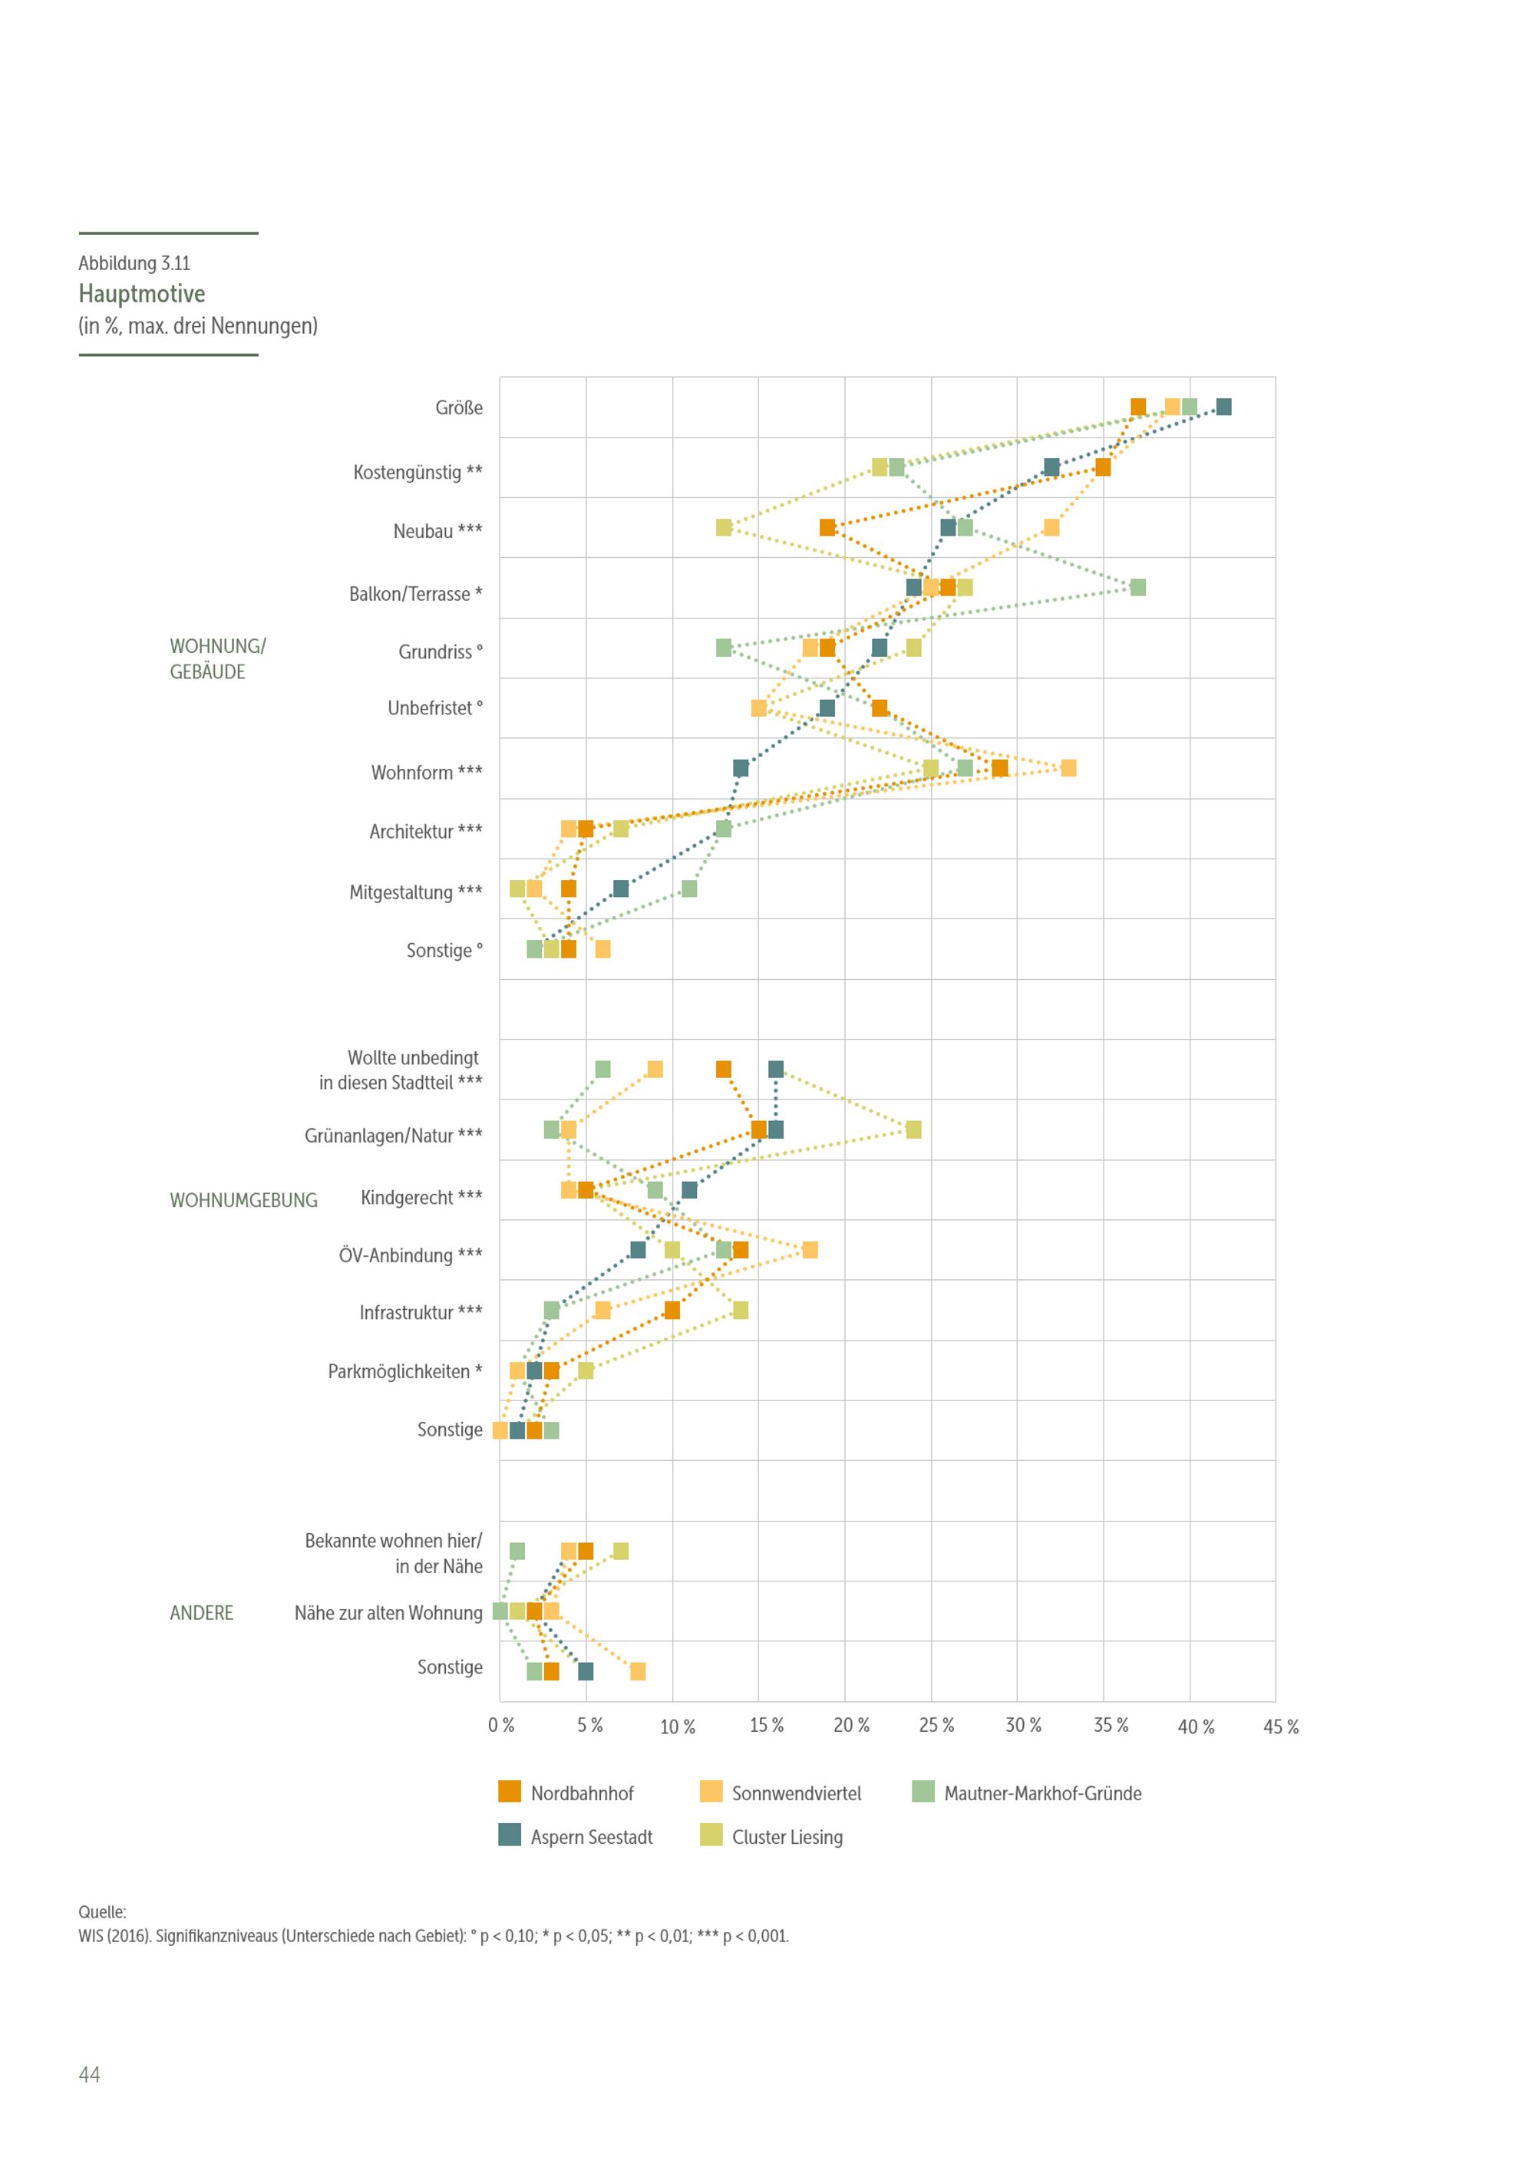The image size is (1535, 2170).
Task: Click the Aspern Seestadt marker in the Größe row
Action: click(x=1223, y=407)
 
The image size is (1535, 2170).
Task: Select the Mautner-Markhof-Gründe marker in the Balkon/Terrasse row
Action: click(x=1138, y=588)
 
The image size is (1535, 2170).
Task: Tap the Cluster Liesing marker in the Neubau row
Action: click(x=724, y=527)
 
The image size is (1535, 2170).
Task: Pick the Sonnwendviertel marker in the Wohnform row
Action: click(x=1068, y=768)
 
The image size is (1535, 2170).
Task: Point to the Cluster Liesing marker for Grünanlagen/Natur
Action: click(x=913, y=1130)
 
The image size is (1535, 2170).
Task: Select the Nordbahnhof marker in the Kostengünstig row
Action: click(x=1103, y=468)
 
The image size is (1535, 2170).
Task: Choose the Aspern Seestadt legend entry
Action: click(x=576, y=1836)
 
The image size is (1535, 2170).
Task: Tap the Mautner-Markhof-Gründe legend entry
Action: click(x=1028, y=1793)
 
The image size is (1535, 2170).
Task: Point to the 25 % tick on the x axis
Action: click(x=936, y=1726)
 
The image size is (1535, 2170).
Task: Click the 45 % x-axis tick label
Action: click(x=1281, y=1726)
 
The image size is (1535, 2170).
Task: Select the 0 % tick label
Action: click(x=501, y=1726)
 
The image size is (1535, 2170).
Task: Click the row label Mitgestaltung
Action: click(x=415, y=892)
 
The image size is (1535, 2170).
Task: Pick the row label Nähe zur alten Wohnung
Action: click(x=388, y=1612)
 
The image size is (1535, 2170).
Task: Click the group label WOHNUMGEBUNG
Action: click(x=243, y=1200)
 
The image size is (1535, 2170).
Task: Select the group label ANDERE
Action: click(x=201, y=1612)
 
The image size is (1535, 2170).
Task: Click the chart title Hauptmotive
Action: click(x=142, y=293)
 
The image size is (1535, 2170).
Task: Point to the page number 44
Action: click(x=89, y=2073)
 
